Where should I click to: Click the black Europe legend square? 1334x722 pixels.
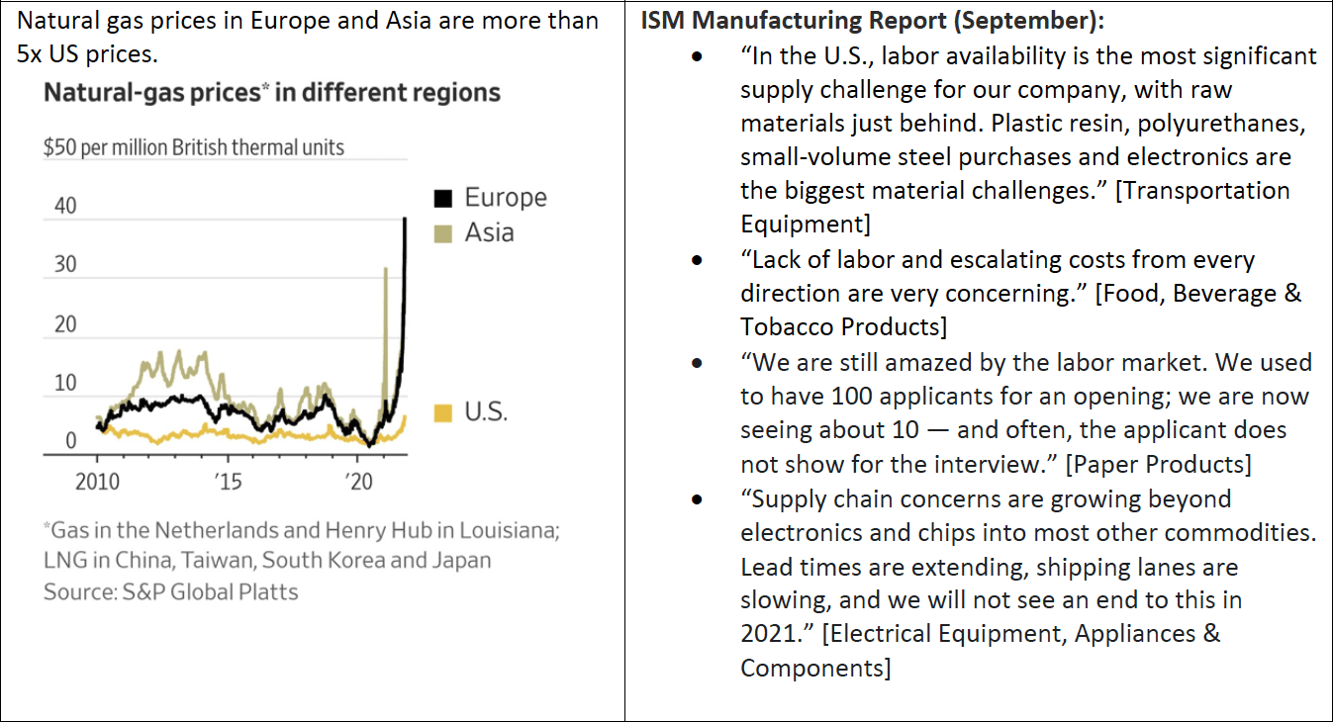click(x=443, y=198)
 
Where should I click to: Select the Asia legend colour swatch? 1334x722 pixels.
click(x=443, y=234)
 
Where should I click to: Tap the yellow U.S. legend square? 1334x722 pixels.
click(x=443, y=412)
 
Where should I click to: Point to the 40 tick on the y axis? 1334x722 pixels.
click(x=65, y=206)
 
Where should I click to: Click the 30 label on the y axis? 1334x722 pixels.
click(x=65, y=264)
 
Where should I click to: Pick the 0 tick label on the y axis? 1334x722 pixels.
click(x=71, y=440)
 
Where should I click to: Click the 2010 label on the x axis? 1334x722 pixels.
click(x=97, y=482)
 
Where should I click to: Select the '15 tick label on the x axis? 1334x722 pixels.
click(x=228, y=482)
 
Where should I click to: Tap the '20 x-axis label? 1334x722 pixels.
click(x=358, y=482)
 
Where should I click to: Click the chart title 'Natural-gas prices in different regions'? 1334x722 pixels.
click(x=272, y=93)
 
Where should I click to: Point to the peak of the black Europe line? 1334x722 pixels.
click(x=406, y=219)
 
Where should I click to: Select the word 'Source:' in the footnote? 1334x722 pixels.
click(x=80, y=591)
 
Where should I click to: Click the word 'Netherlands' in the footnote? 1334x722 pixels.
click(x=216, y=530)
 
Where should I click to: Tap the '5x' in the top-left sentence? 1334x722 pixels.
click(x=30, y=54)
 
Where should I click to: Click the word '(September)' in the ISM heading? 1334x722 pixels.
click(x=1028, y=21)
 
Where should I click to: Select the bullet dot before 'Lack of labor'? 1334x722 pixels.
click(x=697, y=261)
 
